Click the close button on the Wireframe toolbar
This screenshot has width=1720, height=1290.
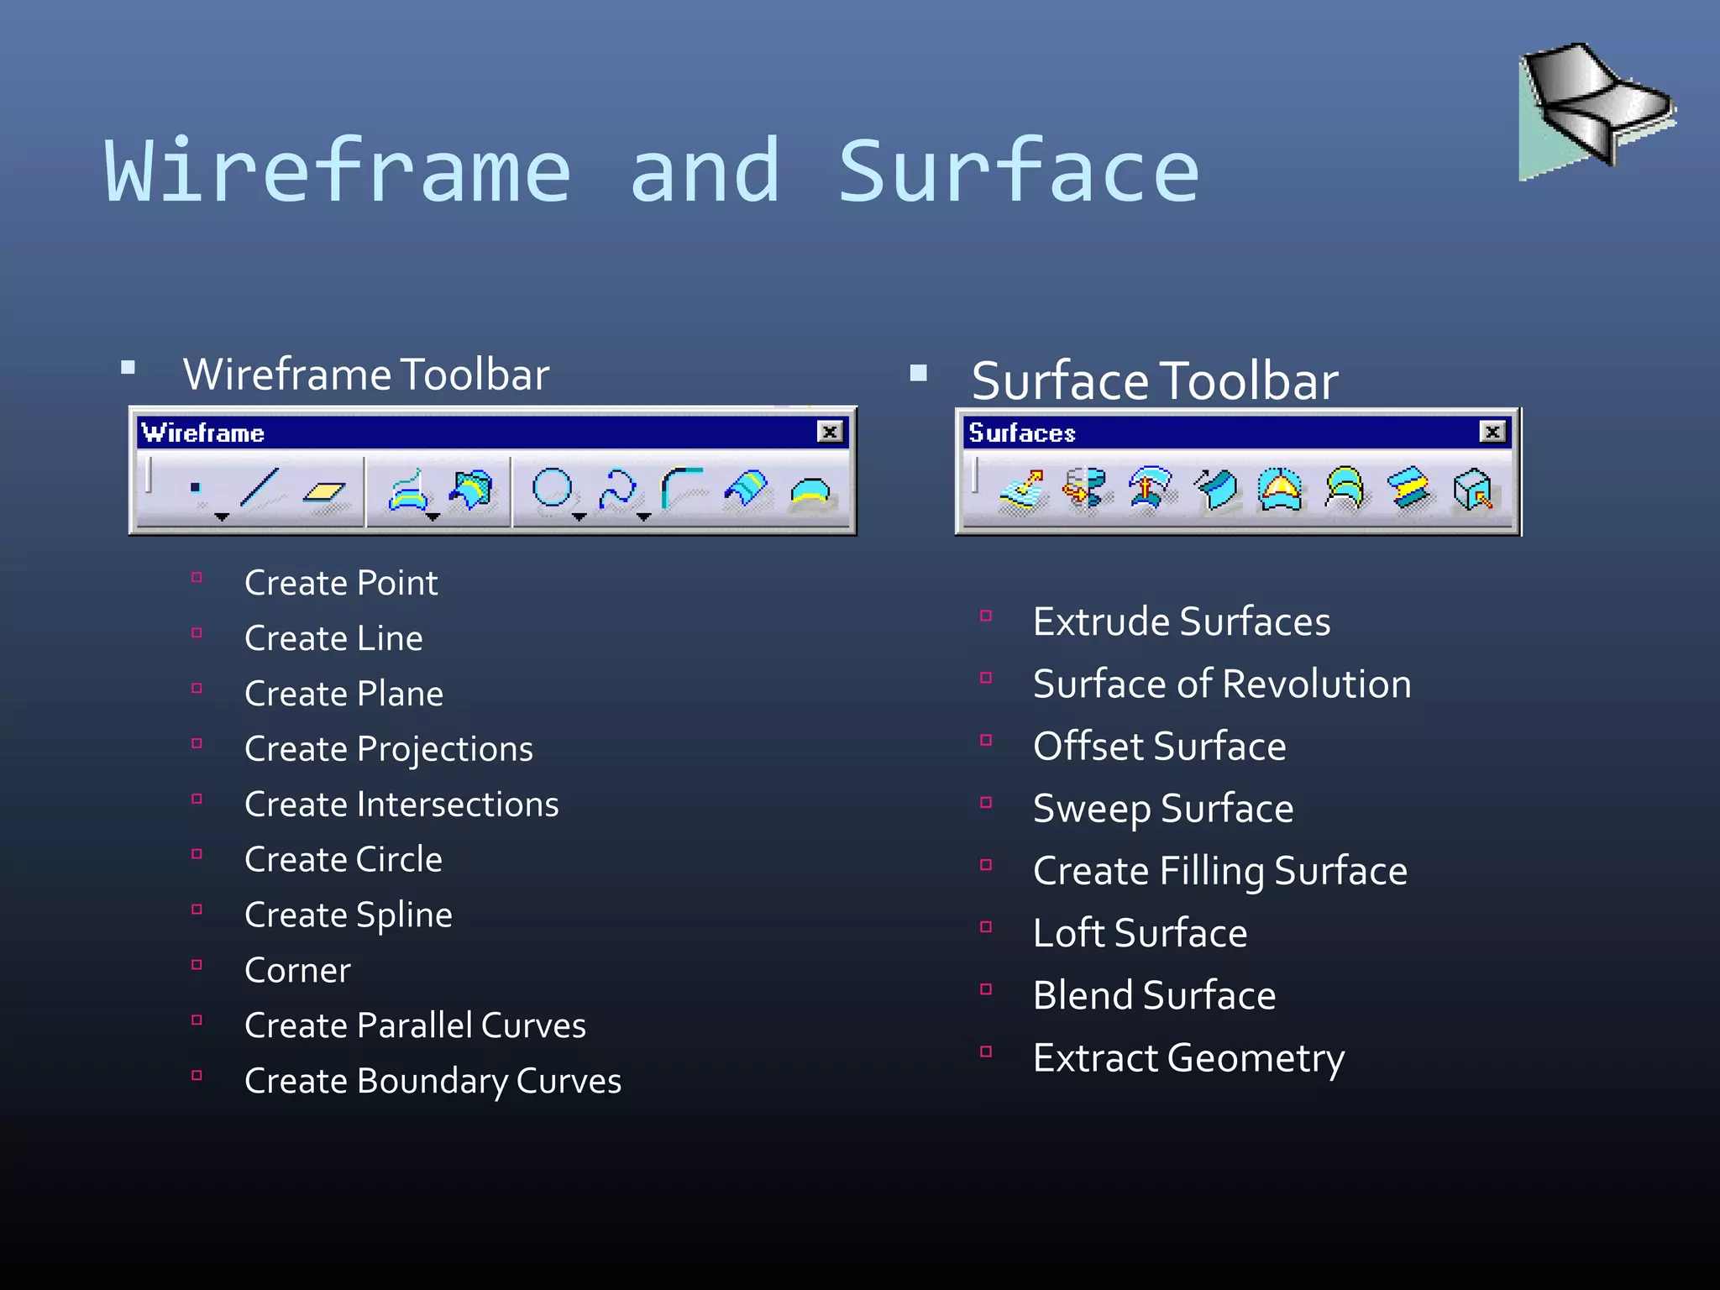click(x=830, y=432)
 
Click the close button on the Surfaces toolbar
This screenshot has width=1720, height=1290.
click(x=1492, y=432)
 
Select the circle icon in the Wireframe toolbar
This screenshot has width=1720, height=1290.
click(x=553, y=488)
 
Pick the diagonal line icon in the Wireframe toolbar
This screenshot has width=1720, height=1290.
click(x=260, y=488)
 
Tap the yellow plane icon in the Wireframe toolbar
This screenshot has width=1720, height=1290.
click(x=324, y=490)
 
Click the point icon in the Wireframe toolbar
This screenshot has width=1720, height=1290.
click(x=196, y=487)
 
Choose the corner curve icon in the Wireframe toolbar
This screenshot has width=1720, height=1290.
click(x=681, y=488)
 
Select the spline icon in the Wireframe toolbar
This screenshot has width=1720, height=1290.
click(x=617, y=488)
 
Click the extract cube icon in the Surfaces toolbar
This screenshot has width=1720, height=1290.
click(x=1472, y=490)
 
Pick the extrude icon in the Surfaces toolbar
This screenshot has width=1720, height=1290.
click(x=1022, y=490)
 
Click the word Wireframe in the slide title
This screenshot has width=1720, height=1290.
click(x=338, y=171)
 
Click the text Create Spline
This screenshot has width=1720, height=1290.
click(x=348, y=915)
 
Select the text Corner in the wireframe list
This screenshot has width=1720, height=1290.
click(x=297, y=970)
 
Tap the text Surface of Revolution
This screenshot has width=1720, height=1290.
click(x=1221, y=684)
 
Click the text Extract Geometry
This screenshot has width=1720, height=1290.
click(x=1188, y=1057)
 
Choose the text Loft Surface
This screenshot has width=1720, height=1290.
click(x=1140, y=933)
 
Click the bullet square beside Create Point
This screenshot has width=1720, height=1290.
click(x=197, y=578)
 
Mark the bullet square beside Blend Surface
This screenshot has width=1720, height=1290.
click(x=986, y=989)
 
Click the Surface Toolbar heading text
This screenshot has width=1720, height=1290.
click(x=1154, y=380)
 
